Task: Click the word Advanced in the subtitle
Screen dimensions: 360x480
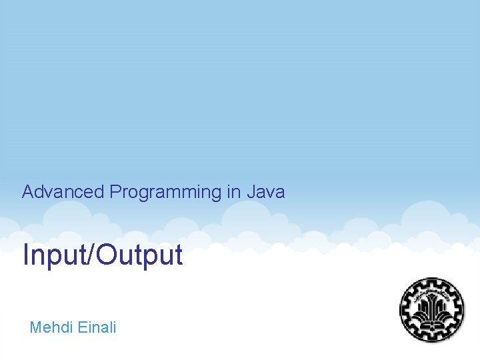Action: [63, 193]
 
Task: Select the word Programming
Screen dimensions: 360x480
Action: [165, 193]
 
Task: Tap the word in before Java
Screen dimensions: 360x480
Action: [233, 193]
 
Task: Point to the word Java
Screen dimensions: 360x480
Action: [265, 193]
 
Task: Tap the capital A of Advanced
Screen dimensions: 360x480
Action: [28, 193]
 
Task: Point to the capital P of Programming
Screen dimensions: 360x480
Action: [115, 193]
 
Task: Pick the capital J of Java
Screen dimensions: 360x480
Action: [251, 193]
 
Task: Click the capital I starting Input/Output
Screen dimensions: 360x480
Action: [26, 255]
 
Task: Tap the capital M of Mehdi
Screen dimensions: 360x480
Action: [36, 327]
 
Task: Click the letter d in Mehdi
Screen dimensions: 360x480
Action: [65, 327]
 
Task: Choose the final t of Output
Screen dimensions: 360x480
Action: [178, 255]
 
